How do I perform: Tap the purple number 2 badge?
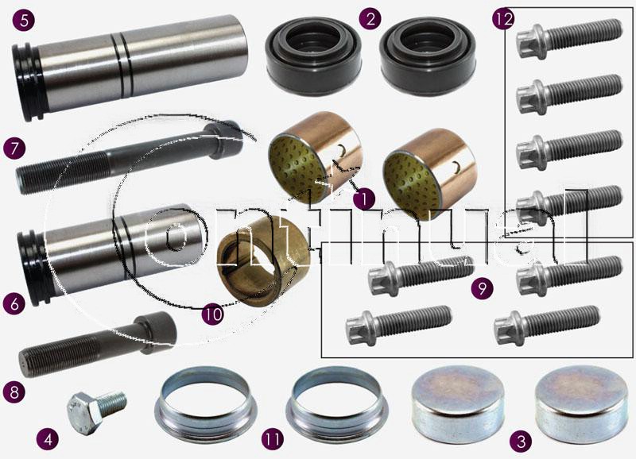tap(370, 19)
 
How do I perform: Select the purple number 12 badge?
tap(503, 19)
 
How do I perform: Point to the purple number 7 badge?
tap(14, 148)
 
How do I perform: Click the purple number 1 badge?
tap(364, 199)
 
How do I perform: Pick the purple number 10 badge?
tap(213, 314)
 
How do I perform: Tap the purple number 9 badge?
tap(482, 288)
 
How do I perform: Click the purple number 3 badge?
tap(521, 441)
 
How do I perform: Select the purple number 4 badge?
tap(48, 439)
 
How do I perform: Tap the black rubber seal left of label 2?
tap(313, 56)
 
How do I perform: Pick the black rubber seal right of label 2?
tap(428, 56)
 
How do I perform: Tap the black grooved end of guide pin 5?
tap(28, 83)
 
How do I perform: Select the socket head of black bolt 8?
tap(157, 331)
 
